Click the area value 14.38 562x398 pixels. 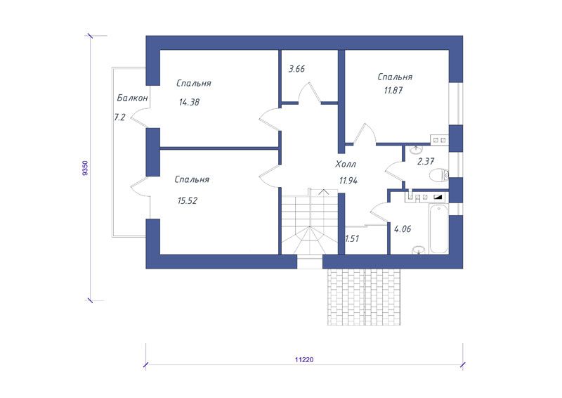coord(189,102)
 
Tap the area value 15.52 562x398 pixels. coord(188,201)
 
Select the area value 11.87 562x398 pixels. coord(393,91)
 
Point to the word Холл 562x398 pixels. coord(346,165)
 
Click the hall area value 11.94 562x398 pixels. coord(348,181)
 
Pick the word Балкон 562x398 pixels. coord(132,98)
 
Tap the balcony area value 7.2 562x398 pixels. coord(119,117)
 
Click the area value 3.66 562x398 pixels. coord(296,68)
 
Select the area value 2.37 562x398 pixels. coord(426,162)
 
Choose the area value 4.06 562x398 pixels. coord(403,229)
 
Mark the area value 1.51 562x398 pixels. coord(352,238)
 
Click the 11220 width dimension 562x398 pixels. coord(304,359)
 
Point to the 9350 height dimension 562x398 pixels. coord(84,168)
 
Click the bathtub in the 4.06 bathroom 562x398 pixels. coord(438,229)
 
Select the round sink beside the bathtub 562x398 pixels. coord(418,250)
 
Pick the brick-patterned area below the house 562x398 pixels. coord(364,297)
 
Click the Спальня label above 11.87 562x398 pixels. coord(395,77)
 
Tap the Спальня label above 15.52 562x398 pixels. coord(192,179)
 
